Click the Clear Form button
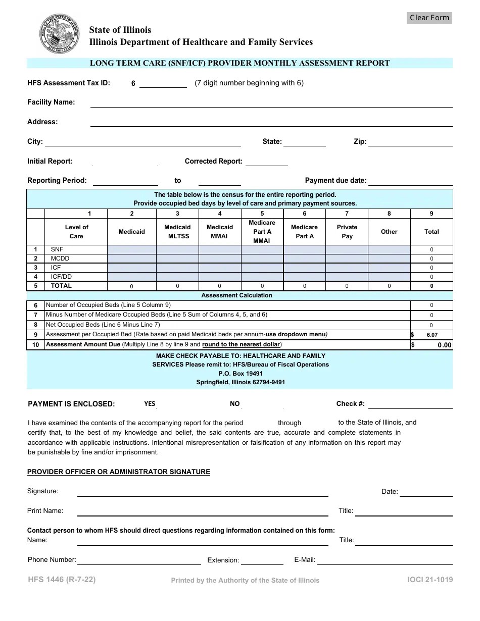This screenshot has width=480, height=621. coord(429,18)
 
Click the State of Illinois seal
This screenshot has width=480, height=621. coord(60,33)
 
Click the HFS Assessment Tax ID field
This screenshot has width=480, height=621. coord(163,83)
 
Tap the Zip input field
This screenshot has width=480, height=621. coord(410,142)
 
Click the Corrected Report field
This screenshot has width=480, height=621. coord(266,162)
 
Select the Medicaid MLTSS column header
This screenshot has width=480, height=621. coord(177,232)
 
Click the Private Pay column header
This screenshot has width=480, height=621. coord(347,232)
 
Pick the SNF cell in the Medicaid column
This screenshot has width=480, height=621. coord(132,249)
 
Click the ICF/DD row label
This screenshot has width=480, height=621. coord(61,277)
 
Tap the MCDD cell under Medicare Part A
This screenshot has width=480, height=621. coord(304,258)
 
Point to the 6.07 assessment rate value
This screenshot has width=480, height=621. coord(431,335)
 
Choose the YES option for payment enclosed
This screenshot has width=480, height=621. coord(150,404)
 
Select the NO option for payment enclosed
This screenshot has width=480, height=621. coord(235,404)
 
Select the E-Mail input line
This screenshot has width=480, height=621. coord(385,560)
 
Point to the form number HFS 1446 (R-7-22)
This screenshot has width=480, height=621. coord(61,580)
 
